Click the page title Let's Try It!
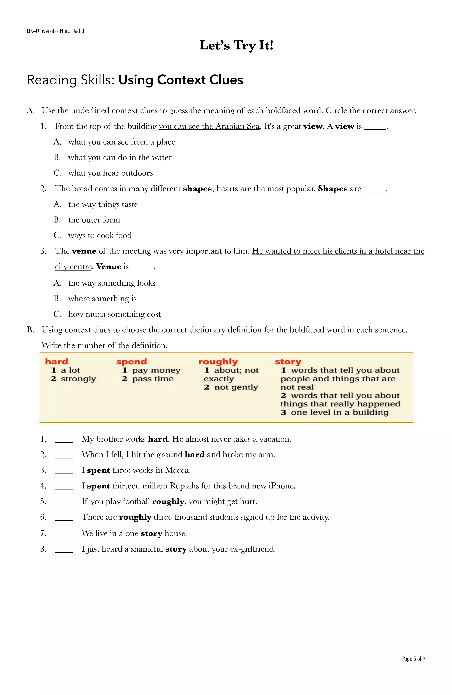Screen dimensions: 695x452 click(x=236, y=45)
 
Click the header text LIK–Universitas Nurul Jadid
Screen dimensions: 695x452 click(x=55, y=31)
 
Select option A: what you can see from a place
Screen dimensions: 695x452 click(x=121, y=142)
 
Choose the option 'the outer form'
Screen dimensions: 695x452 click(x=94, y=220)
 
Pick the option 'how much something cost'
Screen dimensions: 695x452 click(x=114, y=314)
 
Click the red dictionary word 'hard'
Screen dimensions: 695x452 click(x=56, y=362)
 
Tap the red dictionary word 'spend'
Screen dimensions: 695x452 click(x=131, y=362)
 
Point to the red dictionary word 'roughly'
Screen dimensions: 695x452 click(x=218, y=362)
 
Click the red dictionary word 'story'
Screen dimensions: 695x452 click(x=288, y=362)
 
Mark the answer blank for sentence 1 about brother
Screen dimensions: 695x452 click(x=64, y=439)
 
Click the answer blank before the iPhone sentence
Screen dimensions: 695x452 click(x=64, y=486)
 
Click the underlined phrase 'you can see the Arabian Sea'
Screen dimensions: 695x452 click(x=209, y=126)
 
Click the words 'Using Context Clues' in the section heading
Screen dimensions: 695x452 click(x=181, y=80)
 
